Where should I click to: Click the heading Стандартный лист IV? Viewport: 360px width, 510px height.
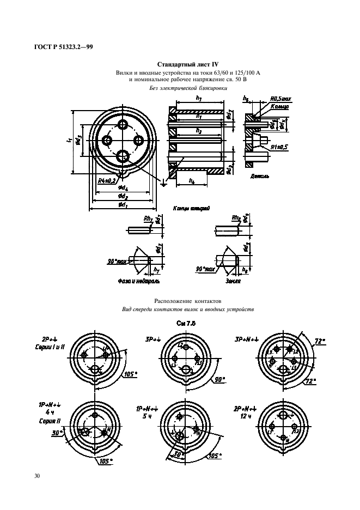point(179,65)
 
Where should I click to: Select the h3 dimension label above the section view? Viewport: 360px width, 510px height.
point(198,98)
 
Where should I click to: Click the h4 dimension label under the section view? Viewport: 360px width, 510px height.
point(192,180)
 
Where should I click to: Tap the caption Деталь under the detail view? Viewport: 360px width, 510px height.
point(259,177)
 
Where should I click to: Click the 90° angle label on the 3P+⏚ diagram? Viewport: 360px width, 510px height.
point(219,379)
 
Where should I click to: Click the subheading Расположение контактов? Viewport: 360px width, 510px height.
point(188,300)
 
